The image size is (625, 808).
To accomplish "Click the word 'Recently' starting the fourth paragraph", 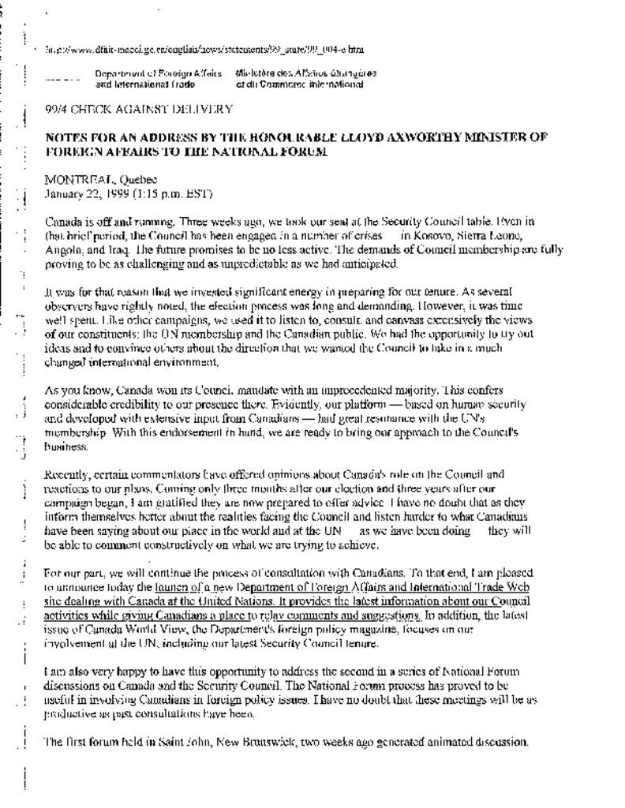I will pyautogui.click(x=67, y=475).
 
